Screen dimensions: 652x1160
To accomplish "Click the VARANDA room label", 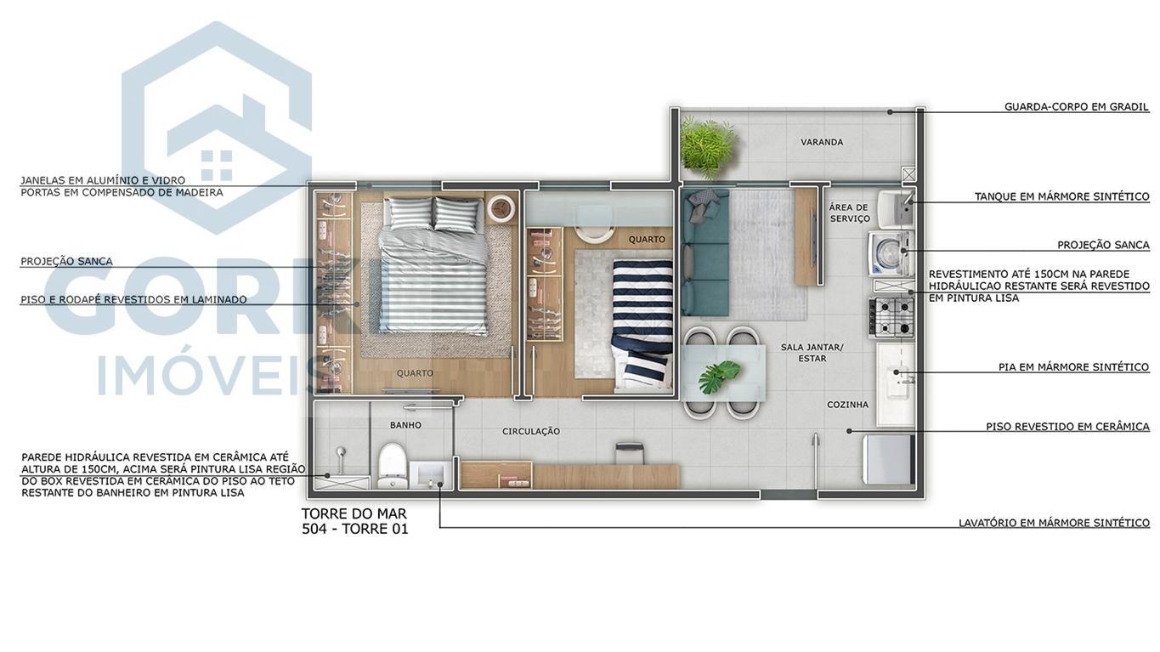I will click(x=822, y=142).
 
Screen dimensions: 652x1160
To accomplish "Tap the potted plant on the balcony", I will click(x=707, y=147).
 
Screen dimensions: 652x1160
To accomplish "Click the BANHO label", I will click(x=405, y=425).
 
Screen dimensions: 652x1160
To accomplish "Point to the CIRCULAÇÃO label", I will click(x=531, y=432).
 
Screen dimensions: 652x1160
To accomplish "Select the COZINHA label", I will click(x=847, y=405).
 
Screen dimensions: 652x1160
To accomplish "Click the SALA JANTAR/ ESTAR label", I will click(x=812, y=353).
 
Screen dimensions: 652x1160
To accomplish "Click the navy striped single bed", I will click(x=642, y=323).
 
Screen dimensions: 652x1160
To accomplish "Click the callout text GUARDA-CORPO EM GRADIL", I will click(x=1076, y=107).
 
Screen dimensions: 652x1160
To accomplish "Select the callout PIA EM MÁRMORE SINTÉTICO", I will click(x=1073, y=367).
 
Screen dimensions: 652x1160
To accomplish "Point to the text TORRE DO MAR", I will click(x=354, y=513).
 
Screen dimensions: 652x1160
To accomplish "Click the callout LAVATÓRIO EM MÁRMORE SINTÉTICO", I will click(x=1054, y=523).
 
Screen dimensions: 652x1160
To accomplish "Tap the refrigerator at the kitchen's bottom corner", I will click(x=888, y=459).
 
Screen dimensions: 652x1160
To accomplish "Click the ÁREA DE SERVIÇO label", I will click(x=849, y=213).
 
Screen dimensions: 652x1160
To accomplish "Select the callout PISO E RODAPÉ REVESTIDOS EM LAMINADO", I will click(x=133, y=300).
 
